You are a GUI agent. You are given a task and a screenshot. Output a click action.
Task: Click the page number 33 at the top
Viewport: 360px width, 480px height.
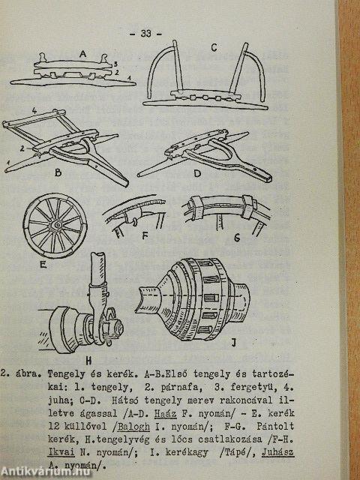[146, 33]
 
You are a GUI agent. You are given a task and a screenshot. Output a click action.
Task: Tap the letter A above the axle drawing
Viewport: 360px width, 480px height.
[82, 54]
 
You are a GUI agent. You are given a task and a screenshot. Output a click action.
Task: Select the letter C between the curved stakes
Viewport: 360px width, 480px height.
[214, 48]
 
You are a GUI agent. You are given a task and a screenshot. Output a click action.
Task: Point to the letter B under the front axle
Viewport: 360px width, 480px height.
[58, 172]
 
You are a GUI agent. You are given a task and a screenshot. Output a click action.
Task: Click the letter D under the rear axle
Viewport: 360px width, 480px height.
[197, 174]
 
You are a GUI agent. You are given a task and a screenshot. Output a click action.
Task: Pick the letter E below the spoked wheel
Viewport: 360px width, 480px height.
[43, 265]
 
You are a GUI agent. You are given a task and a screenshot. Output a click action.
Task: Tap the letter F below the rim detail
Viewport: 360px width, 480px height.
[145, 237]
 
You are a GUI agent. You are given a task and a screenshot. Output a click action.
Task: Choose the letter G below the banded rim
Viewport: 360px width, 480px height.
[237, 238]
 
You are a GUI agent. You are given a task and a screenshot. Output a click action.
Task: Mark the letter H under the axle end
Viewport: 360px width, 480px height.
[88, 361]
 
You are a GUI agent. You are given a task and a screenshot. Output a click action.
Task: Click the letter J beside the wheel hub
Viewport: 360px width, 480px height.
[234, 343]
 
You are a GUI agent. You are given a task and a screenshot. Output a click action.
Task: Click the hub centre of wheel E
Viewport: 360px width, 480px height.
[57, 225]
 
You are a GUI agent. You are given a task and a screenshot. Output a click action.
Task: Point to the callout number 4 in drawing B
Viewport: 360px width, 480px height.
[34, 111]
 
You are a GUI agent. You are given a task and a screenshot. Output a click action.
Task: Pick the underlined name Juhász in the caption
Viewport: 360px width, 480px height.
[277, 452]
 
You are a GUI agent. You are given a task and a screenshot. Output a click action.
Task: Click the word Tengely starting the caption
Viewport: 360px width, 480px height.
[66, 375]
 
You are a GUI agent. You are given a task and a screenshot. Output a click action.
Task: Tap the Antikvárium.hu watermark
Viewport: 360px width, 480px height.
[46, 472]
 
